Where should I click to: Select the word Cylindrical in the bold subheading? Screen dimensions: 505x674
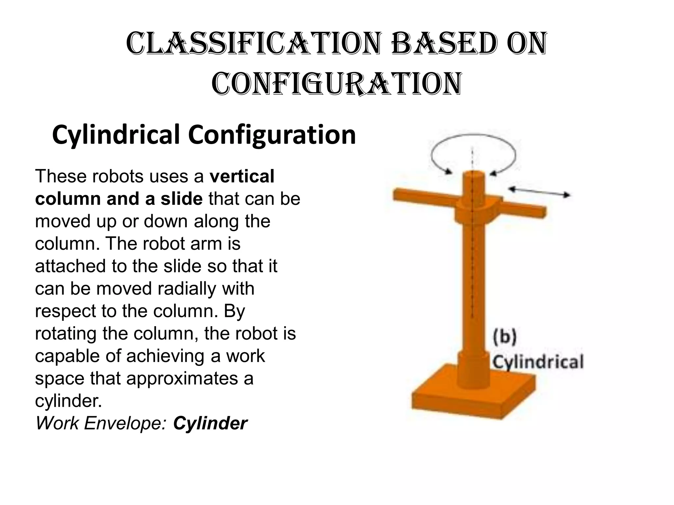click(116, 134)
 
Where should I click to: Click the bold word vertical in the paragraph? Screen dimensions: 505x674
click(242, 176)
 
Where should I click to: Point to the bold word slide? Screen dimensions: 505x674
click(181, 199)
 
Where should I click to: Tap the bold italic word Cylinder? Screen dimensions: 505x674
click(210, 423)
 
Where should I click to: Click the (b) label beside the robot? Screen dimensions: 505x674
click(505, 338)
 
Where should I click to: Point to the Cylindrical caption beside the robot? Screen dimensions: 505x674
click(537, 362)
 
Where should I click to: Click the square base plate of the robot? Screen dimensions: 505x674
click(473, 400)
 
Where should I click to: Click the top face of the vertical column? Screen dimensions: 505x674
click(473, 176)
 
